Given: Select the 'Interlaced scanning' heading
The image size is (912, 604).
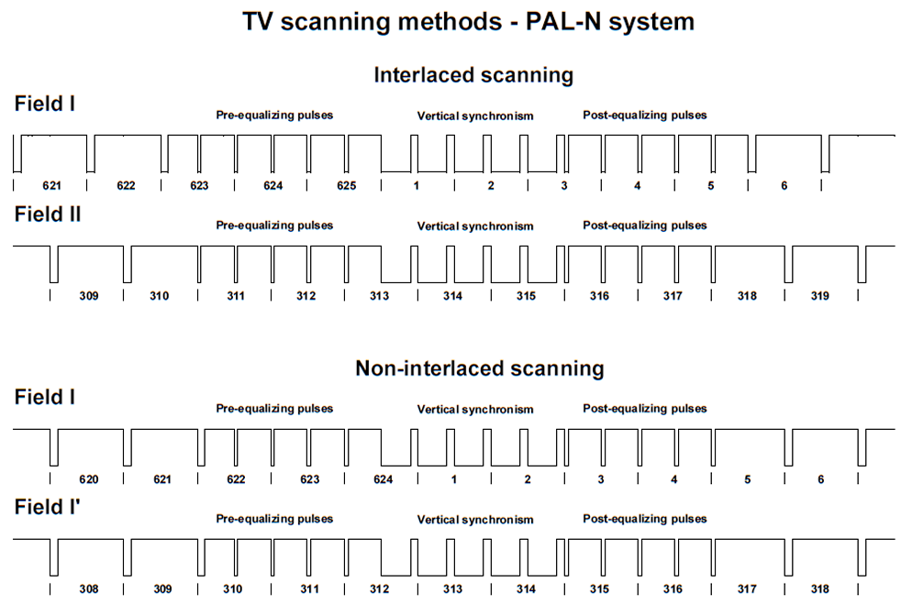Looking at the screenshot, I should [x=473, y=75].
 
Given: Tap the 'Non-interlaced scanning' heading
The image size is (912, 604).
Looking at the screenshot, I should [x=479, y=368].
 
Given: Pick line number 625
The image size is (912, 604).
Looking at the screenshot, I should [x=345, y=186].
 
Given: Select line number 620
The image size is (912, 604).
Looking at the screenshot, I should [x=88, y=479].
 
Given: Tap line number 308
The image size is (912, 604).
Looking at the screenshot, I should [x=88, y=589].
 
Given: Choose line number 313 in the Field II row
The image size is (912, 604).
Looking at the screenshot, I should [x=379, y=296].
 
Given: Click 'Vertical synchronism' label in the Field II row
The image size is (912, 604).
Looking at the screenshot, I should [x=474, y=226].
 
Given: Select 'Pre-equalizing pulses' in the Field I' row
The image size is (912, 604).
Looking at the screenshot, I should [x=274, y=519].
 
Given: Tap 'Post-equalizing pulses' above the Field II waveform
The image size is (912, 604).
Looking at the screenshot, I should [x=644, y=225].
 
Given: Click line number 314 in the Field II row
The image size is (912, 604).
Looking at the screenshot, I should [x=452, y=296].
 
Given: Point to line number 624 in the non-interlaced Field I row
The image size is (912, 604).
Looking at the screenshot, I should [x=383, y=479].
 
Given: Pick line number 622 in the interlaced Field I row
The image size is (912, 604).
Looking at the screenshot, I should [x=126, y=186].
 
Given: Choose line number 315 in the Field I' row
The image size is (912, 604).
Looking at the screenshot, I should [x=599, y=589].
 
